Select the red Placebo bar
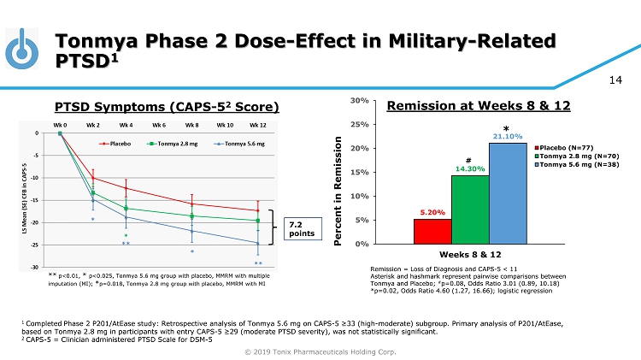432,231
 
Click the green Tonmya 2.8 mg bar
470,210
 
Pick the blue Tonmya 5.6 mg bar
508,193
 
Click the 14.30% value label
470,168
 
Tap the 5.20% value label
432,212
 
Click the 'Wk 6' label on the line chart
159,125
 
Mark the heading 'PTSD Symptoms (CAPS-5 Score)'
167,107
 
